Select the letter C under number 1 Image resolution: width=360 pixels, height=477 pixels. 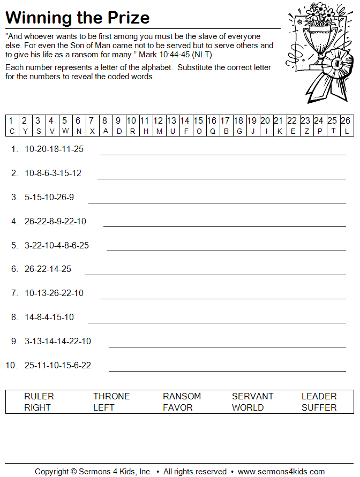(x=12, y=131)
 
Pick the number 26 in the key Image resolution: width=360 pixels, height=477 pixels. (x=346, y=121)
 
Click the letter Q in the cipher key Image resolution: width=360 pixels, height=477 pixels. (x=212, y=131)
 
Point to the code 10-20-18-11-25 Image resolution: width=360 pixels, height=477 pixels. (x=54, y=149)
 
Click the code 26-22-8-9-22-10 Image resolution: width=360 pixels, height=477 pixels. (x=55, y=221)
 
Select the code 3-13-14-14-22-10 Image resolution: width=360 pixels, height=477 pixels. (x=58, y=341)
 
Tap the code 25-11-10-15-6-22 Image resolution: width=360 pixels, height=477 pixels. (x=58, y=365)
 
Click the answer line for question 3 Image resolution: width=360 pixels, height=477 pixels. (x=217, y=203)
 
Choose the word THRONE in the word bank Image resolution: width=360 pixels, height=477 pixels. (x=111, y=396)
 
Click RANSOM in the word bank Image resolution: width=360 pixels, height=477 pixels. (x=182, y=396)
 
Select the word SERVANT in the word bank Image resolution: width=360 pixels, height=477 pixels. (x=252, y=396)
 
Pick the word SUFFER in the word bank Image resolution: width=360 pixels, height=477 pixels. (x=319, y=407)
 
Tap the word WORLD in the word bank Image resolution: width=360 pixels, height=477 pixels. (x=247, y=407)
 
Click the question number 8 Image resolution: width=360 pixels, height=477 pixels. (x=14, y=317)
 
